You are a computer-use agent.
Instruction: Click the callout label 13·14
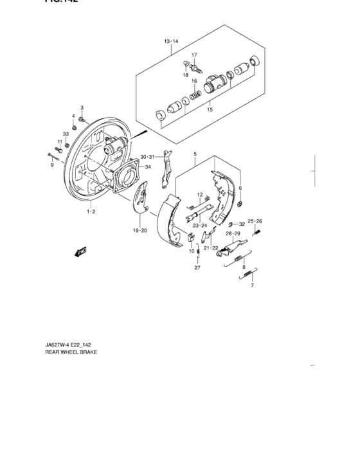click(x=170, y=42)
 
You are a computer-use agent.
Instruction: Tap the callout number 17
click(x=194, y=55)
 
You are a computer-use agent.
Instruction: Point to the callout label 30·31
click(x=147, y=156)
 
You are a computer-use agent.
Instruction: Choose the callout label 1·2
click(x=92, y=211)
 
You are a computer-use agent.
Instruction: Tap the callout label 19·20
click(x=140, y=230)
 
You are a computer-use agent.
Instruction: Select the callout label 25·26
click(x=255, y=221)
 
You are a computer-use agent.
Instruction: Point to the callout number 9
click(x=53, y=165)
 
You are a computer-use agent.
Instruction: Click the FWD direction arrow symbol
click(x=82, y=252)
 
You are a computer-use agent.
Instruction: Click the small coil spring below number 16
click(x=197, y=94)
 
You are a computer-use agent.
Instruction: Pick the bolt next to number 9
click(x=53, y=155)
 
